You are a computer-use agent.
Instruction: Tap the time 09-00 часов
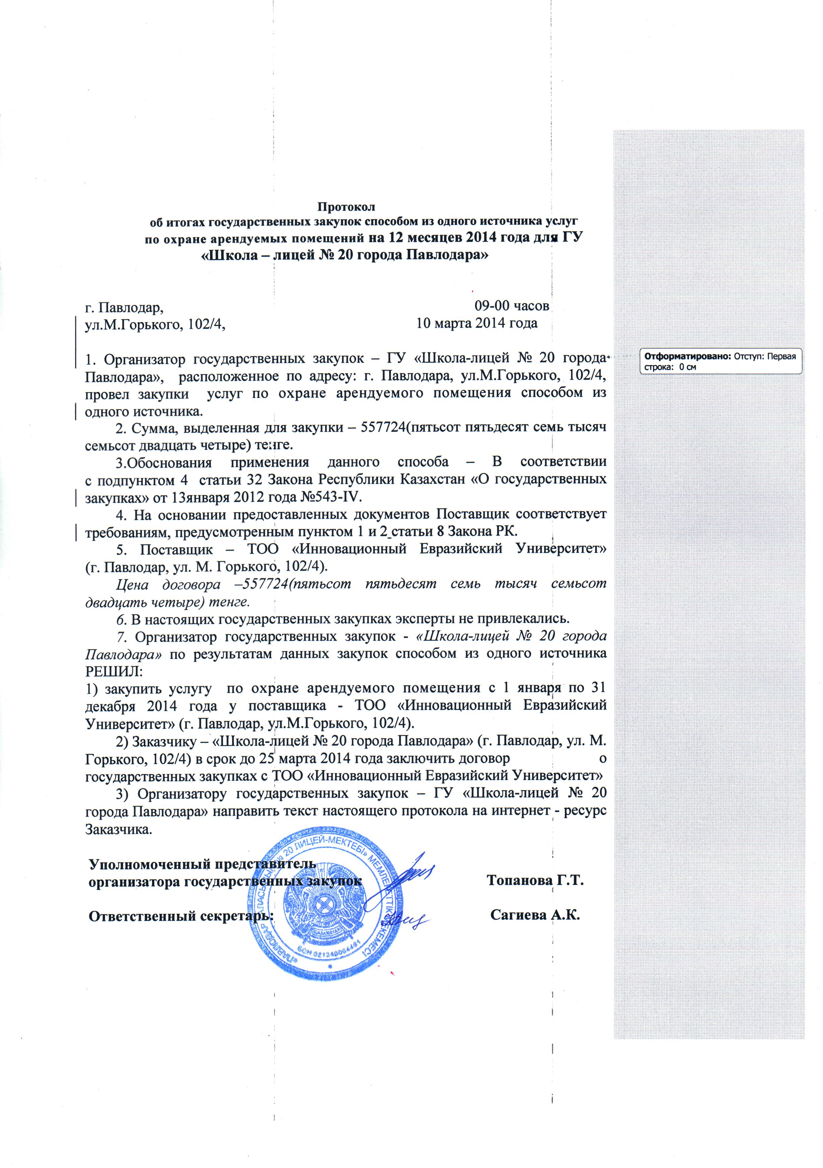511,306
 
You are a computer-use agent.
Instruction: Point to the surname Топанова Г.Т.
535,880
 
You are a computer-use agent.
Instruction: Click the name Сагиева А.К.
535,916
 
